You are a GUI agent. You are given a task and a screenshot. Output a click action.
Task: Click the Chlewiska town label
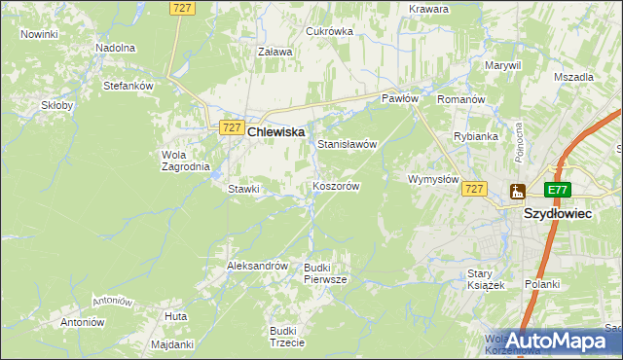click(276, 131)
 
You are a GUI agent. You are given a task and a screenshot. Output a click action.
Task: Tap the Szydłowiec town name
click(559, 212)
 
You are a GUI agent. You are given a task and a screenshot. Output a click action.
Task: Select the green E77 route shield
click(557, 191)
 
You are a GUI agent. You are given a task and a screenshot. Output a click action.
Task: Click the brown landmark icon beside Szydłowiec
click(517, 192)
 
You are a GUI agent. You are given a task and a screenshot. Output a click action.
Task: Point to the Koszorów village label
click(337, 186)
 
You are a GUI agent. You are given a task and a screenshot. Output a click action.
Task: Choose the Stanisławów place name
click(347, 144)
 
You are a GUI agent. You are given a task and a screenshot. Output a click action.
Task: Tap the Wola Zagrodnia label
click(185, 160)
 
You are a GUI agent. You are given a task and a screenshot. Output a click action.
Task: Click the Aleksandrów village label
click(257, 266)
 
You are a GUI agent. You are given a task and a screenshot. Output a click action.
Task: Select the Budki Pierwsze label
click(324, 272)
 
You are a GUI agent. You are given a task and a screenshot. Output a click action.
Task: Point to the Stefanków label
click(128, 86)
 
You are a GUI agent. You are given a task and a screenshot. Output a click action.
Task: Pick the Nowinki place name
click(39, 34)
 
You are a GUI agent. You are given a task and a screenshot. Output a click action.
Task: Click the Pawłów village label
click(399, 99)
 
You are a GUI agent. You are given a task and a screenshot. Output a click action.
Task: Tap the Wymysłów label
click(432, 179)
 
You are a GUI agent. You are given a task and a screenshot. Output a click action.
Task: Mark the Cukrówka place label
click(329, 31)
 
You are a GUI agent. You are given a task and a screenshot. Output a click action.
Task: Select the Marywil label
click(502, 65)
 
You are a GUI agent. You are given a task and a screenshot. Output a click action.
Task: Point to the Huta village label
click(176, 317)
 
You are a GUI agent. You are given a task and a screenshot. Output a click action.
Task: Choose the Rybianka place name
click(476, 136)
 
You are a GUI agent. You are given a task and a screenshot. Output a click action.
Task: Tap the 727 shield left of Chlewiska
click(231, 127)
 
